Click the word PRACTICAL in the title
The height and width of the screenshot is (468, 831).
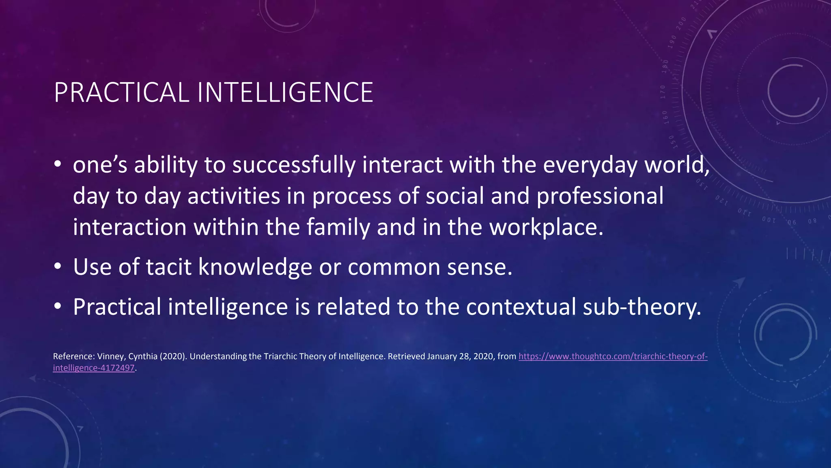[x=121, y=93]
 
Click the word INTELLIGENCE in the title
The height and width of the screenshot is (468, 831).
[x=285, y=93]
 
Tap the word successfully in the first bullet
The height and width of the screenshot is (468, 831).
[x=293, y=165]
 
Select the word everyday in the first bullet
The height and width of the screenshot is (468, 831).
[x=590, y=165]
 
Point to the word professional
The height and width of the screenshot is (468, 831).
[x=600, y=196]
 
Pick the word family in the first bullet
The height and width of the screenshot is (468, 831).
[x=338, y=227]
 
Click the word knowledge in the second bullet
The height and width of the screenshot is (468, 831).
[x=255, y=267]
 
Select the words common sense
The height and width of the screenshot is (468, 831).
[x=430, y=267]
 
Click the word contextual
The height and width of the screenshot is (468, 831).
[x=521, y=307]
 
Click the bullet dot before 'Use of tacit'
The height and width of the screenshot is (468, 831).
[x=58, y=267]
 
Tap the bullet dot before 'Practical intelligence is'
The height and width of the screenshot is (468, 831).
[x=58, y=307]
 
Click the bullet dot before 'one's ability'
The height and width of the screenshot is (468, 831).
[x=58, y=165]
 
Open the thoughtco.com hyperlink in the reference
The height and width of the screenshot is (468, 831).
[x=613, y=356]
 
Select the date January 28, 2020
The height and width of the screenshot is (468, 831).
[x=461, y=356]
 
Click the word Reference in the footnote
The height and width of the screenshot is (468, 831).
[x=73, y=356]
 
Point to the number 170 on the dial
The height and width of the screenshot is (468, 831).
[x=663, y=92]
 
